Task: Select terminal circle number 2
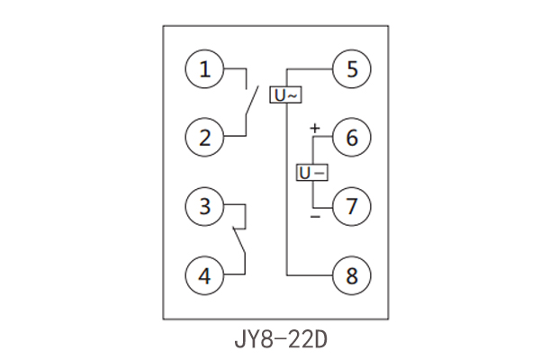tap(205, 138)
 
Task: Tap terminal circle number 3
tap(205, 206)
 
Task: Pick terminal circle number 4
tap(205, 274)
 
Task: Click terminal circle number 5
tap(351, 68)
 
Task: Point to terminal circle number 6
tap(351, 138)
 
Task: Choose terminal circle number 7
tap(351, 206)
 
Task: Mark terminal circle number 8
tap(351, 274)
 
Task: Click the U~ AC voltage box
tap(286, 94)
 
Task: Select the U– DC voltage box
tap(311, 171)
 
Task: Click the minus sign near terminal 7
tap(314, 217)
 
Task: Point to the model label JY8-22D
tap(270, 340)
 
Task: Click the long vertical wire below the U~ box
tap(286, 189)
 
